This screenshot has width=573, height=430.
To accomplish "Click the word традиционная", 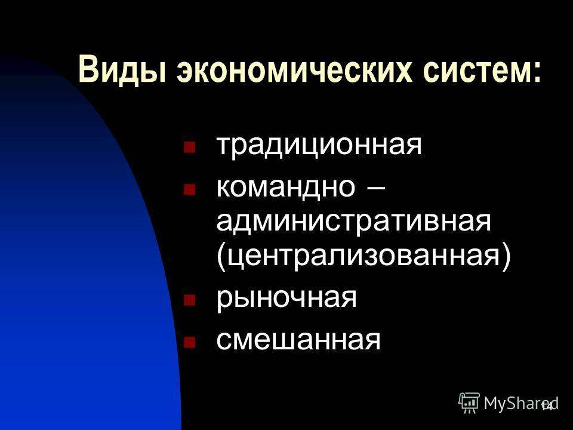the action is tap(319, 146).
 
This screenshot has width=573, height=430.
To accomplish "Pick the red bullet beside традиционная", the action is tap(189, 148).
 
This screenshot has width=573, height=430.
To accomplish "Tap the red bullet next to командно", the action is tap(189, 189).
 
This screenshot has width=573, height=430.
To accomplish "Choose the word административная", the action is tap(354, 222).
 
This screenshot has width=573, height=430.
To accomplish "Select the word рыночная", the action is tap(286, 299).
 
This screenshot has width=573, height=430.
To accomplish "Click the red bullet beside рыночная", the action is tap(189, 300).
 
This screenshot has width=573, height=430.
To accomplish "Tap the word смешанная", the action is tap(298, 340).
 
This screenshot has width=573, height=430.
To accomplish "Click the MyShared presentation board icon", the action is tap(469, 403).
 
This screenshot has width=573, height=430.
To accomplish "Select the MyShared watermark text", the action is tap(521, 403).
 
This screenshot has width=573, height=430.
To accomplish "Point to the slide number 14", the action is tap(547, 406).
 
